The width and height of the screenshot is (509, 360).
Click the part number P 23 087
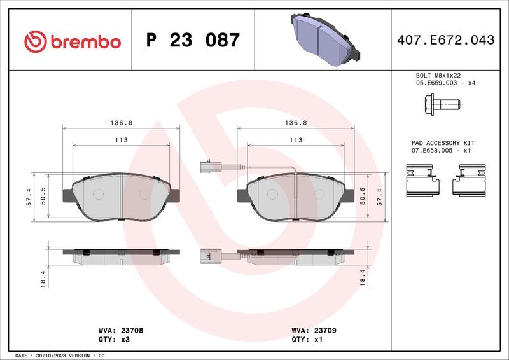click(x=193, y=41)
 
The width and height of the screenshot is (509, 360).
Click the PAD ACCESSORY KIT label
click(x=442, y=143)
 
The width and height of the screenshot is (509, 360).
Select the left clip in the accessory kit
click(x=422, y=178)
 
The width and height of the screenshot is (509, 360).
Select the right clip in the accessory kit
click(x=469, y=178)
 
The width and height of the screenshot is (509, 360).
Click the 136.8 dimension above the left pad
click(x=122, y=122)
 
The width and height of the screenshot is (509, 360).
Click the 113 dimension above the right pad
click(x=296, y=140)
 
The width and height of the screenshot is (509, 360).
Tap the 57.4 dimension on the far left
click(x=29, y=197)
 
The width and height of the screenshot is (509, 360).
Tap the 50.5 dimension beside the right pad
click(x=363, y=197)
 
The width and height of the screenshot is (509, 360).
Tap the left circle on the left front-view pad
click(x=98, y=193)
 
